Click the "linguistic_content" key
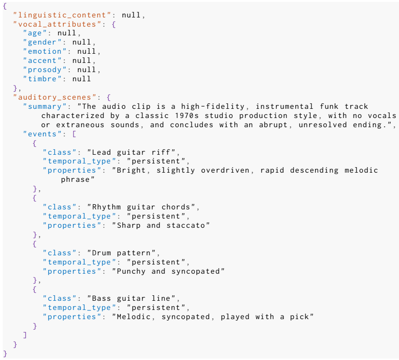pyautogui.click(x=62, y=15)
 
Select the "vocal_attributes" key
pyautogui.click(x=57, y=24)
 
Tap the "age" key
pyautogui.click(x=34, y=34)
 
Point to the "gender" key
pyautogui.click(x=42, y=42)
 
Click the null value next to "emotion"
pyautogui.click(x=86, y=51)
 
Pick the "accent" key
pyautogui.click(x=42, y=61)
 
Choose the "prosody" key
pyautogui.click(x=45, y=70)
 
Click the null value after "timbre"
pyautogui.click(x=81, y=79)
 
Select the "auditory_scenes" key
pyautogui.click(x=55, y=97)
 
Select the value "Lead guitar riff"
pyautogui.click(x=131, y=152)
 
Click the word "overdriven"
pyautogui.click(x=225, y=170)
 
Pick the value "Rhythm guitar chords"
pyautogui.click(x=141, y=207)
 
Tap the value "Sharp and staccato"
pyautogui.click(x=161, y=225)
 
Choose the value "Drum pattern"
pyautogui.click(x=121, y=253)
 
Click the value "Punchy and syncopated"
pyautogui.click(x=168, y=271)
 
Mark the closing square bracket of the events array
pyautogui.click(x=25, y=335)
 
